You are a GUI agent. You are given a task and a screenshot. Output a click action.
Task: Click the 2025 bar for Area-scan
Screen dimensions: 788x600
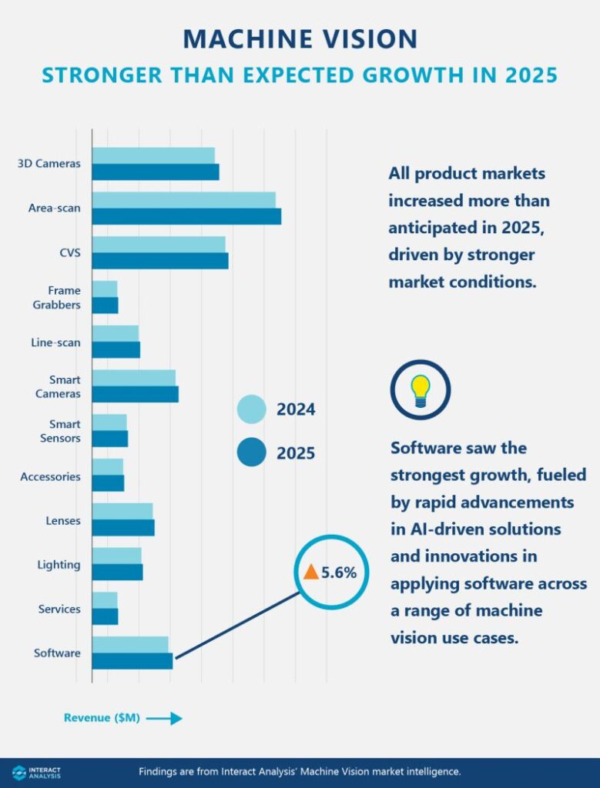(x=186, y=216)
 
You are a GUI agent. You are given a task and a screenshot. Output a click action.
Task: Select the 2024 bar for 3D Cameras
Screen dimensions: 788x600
(x=153, y=155)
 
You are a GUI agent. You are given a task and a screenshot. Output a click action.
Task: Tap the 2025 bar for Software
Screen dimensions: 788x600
(x=132, y=661)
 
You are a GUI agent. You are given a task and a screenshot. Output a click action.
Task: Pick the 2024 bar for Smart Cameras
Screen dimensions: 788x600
(x=134, y=377)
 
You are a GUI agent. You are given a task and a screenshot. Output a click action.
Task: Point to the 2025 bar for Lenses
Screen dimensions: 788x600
(x=123, y=528)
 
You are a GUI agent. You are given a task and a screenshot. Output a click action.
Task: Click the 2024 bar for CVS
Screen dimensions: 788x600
(x=159, y=244)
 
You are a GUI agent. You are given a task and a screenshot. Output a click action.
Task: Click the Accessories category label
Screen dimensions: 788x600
(x=50, y=476)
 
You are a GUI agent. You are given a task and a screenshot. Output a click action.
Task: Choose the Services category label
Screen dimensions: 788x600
(x=59, y=609)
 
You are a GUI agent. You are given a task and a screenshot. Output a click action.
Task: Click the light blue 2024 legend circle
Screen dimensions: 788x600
(x=251, y=409)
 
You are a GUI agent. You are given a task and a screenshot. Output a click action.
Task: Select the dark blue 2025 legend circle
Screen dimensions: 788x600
(x=251, y=452)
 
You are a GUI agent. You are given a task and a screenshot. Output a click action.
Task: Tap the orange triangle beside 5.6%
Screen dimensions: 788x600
(x=310, y=572)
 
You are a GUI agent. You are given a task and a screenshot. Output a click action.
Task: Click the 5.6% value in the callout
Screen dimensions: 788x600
(x=339, y=573)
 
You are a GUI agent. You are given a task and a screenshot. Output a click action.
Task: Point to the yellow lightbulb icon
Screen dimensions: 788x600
(x=420, y=389)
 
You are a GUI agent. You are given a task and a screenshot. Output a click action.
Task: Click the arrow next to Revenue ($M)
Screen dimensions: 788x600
(x=163, y=718)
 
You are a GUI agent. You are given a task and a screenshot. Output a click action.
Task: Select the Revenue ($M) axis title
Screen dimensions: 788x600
(x=102, y=718)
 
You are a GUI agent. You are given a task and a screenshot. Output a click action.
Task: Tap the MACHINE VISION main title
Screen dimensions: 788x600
(x=300, y=39)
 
